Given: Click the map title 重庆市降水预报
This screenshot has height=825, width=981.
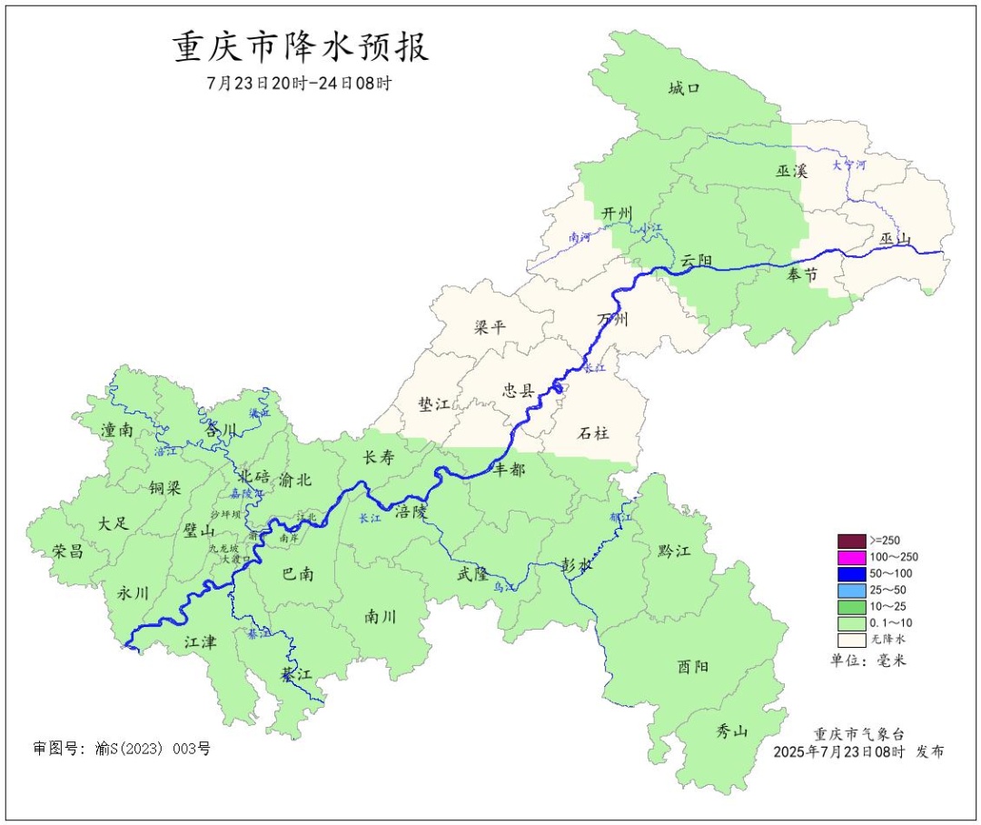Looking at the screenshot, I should (x=301, y=47).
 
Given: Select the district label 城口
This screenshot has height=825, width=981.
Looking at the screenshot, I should (x=684, y=88).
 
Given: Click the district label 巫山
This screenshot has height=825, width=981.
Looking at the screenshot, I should (x=895, y=240).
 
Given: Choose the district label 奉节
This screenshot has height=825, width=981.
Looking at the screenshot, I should (x=802, y=274).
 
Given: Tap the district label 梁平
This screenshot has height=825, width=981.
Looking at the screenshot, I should (x=490, y=327).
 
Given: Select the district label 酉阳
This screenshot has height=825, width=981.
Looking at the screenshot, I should (x=693, y=666).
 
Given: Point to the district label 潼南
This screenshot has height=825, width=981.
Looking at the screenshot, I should (x=118, y=430).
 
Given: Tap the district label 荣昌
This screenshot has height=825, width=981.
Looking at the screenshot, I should (x=67, y=551).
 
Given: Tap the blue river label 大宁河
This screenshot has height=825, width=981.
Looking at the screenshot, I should (x=849, y=165).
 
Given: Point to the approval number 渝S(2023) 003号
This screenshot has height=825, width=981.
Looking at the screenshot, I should (x=122, y=749).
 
